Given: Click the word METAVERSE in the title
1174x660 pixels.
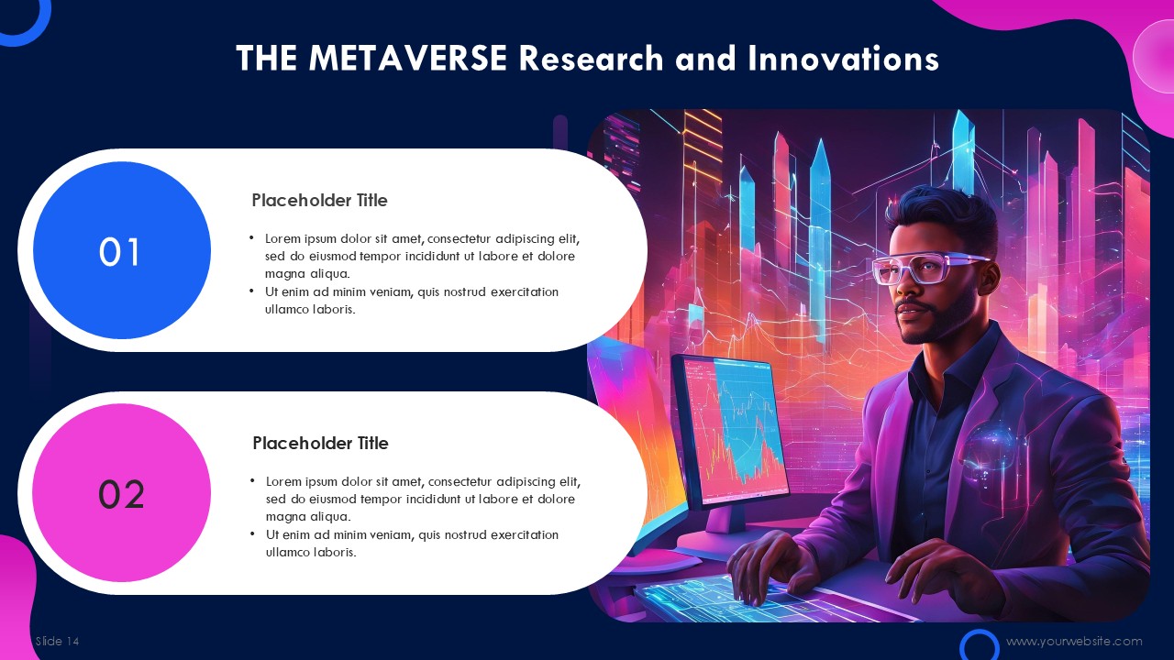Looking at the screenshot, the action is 408,58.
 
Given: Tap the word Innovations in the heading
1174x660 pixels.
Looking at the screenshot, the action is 843,58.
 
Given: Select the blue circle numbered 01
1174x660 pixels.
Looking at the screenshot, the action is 122,250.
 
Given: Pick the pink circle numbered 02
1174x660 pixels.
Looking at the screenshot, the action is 122,492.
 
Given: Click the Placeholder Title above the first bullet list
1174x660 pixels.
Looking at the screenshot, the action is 320,200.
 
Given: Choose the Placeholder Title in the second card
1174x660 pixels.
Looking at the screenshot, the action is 320,443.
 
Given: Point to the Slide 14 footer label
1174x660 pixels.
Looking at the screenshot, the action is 58,641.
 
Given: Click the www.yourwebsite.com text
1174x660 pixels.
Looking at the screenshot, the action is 1074,641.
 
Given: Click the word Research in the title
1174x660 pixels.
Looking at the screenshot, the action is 592,58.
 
